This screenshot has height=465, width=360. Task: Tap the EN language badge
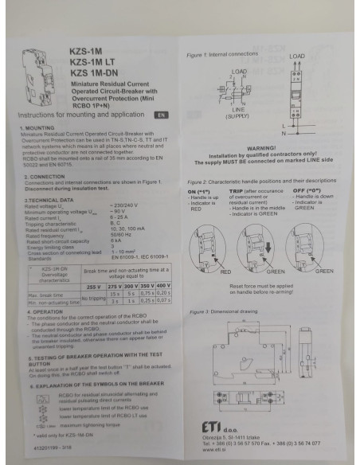coord(161,115)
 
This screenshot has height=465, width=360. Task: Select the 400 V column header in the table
coord(164,284)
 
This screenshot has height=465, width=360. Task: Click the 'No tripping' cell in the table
coord(95,298)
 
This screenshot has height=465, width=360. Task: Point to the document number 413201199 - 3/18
coord(46,450)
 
